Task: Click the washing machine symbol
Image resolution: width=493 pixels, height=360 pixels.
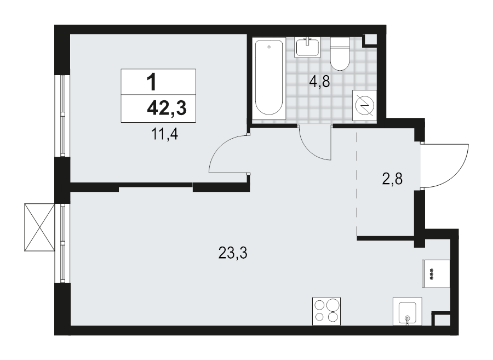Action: pos(364,104)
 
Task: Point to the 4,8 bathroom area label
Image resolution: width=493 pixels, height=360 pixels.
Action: pos(319,82)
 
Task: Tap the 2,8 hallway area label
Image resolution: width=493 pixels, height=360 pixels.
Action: pos(392,179)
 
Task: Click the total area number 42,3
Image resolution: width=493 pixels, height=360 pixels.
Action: pos(167,108)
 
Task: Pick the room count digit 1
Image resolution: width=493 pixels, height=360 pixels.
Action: pos(152,82)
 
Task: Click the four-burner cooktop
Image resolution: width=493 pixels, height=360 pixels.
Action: pos(326,311)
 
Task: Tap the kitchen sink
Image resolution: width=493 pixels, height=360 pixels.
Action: pos(406,312)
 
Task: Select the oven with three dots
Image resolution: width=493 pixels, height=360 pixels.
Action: pos(435,273)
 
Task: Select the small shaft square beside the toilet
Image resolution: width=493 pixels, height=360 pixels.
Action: pos(371,39)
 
